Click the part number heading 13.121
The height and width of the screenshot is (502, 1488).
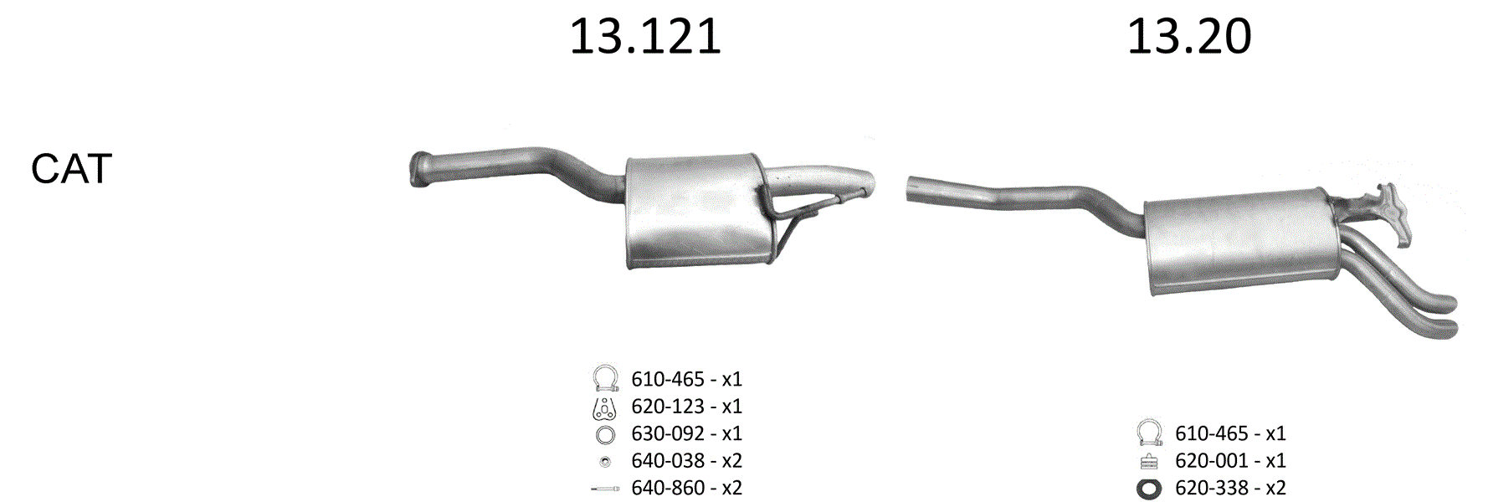645,37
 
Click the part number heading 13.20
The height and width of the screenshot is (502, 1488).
1189,37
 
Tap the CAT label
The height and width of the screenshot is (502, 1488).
71,169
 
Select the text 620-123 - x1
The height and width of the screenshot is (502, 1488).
686,407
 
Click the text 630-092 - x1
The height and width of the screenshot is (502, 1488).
686,433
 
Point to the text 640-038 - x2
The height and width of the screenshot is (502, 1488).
686,461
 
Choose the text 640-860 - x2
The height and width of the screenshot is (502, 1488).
686,488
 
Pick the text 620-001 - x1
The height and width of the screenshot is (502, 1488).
1230,461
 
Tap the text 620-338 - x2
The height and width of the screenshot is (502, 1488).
1230,488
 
